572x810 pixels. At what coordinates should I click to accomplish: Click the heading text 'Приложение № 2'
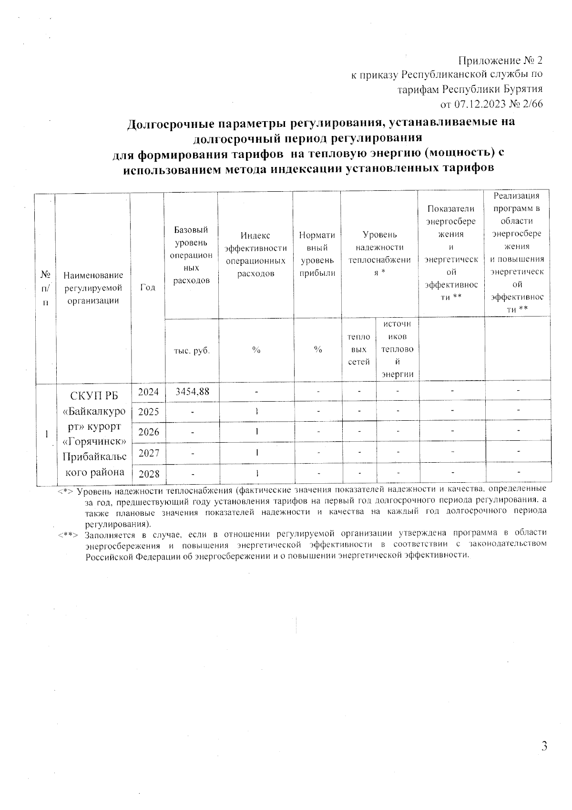click(500, 61)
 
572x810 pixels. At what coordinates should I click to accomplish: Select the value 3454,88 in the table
click(191, 392)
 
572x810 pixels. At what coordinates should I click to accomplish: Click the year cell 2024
click(148, 392)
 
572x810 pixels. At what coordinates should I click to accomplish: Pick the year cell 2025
click(148, 412)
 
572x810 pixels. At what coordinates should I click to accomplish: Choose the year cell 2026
click(148, 432)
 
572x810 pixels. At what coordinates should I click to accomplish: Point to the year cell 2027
click(148, 453)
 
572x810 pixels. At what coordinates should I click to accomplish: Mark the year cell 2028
click(148, 473)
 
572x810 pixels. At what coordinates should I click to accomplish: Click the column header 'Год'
click(148, 287)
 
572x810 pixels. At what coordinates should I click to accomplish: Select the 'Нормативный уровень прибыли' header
click(317, 254)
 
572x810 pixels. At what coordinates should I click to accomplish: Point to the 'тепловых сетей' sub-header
click(359, 350)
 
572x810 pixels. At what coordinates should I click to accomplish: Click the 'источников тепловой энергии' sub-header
click(397, 349)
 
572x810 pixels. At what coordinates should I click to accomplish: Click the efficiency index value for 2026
click(256, 432)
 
